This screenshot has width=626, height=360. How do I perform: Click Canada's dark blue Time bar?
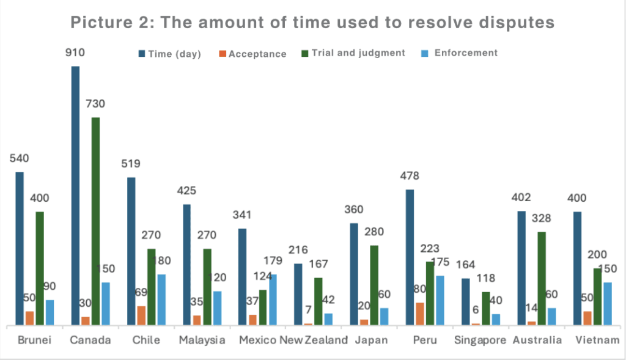pyautogui.click(x=75, y=196)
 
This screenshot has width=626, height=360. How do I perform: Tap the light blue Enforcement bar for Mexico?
pyautogui.click(x=273, y=299)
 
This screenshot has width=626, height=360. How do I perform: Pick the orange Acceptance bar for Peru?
pyautogui.click(x=419, y=314)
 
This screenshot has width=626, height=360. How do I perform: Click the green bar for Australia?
pyautogui.click(x=542, y=279)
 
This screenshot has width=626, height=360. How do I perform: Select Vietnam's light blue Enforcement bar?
pyautogui.click(x=608, y=304)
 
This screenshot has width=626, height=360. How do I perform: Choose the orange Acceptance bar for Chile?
pyautogui.click(x=141, y=315)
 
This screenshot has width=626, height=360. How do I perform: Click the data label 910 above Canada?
pyautogui.click(x=75, y=53)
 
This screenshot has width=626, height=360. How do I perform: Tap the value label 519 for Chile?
pyautogui.click(x=130, y=164)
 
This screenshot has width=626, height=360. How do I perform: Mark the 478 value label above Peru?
pyautogui.click(x=409, y=176)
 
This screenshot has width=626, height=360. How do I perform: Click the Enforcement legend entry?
pyautogui.click(x=466, y=53)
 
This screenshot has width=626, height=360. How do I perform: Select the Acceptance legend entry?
pyautogui.click(x=257, y=54)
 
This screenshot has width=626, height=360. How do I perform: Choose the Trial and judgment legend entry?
pyautogui.click(x=358, y=53)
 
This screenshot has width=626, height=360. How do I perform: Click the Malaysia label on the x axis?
pyautogui.click(x=201, y=340)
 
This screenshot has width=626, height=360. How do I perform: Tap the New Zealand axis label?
pyautogui.click(x=314, y=340)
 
